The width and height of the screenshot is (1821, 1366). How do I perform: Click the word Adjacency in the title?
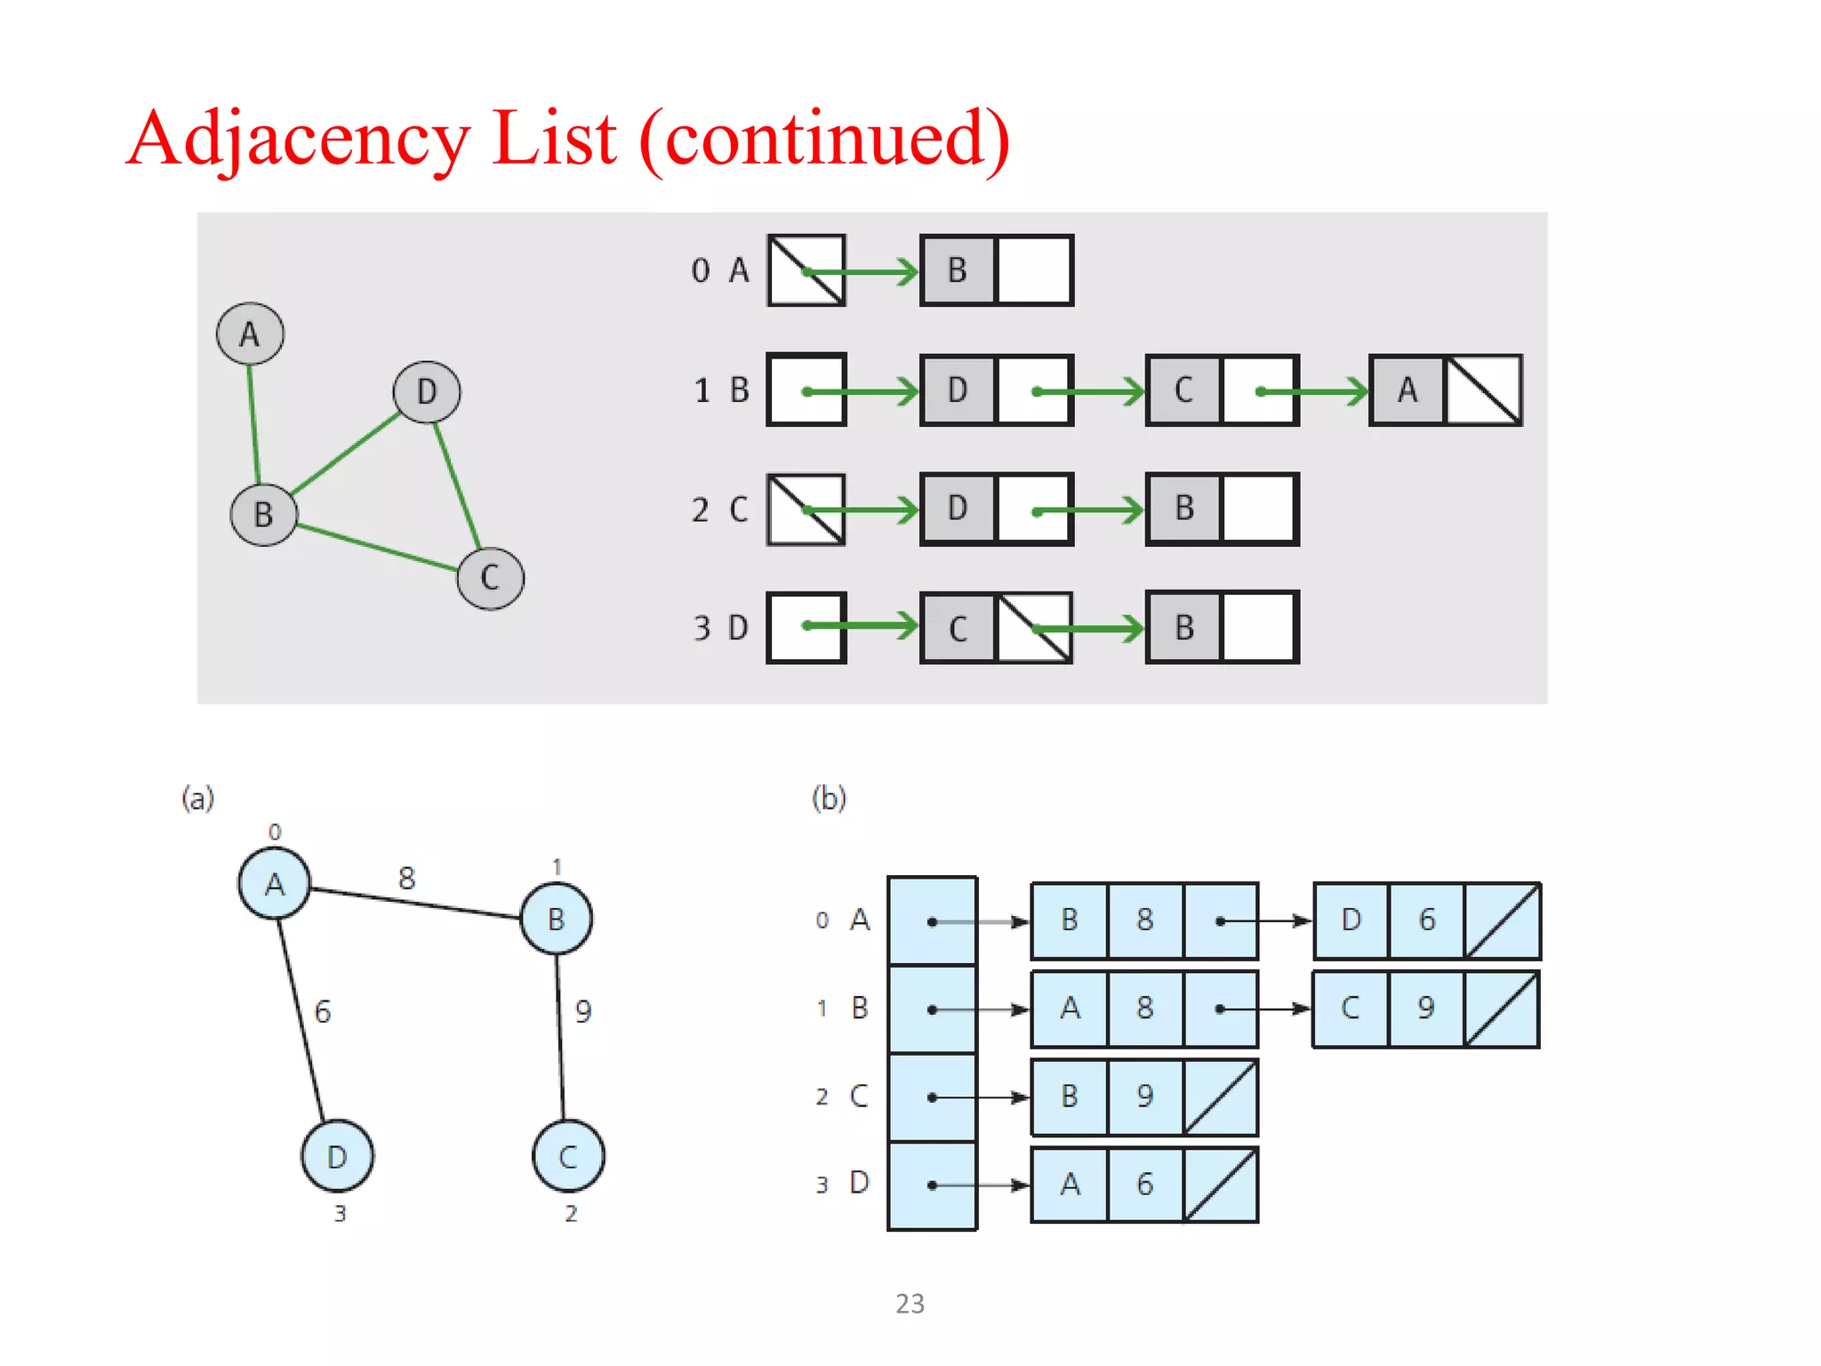tap(297, 140)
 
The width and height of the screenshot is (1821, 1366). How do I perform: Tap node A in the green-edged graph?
tap(250, 334)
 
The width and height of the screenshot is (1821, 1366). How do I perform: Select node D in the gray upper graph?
tap(427, 391)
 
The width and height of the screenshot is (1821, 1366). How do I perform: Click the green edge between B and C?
tap(377, 547)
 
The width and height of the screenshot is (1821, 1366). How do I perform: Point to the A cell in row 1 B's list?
tap(1407, 390)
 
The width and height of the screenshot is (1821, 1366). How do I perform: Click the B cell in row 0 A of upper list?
tap(958, 270)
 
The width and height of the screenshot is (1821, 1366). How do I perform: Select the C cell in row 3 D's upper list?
tap(958, 629)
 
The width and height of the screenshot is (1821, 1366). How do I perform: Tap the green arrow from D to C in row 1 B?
tap(1089, 391)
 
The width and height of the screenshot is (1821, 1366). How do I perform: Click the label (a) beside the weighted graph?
tap(197, 798)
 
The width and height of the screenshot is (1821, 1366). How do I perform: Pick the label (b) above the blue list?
tap(829, 798)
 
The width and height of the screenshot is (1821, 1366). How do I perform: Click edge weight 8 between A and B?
tap(406, 879)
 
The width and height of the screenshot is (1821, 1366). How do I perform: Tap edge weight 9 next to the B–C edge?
tap(583, 1011)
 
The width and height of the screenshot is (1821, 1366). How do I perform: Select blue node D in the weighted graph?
tap(337, 1156)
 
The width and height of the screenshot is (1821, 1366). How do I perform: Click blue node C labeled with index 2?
tap(568, 1156)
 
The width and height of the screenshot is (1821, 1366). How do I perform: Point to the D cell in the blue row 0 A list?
tap(1351, 920)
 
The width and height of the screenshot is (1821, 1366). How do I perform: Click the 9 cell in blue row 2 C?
tap(1145, 1097)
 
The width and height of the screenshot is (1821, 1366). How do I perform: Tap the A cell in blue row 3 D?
tap(1070, 1185)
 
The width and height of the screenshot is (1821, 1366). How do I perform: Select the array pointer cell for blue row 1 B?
tap(932, 1009)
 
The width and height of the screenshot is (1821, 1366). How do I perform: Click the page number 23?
tap(910, 1304)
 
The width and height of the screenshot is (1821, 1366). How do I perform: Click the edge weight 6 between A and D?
tap(323, 1011)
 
